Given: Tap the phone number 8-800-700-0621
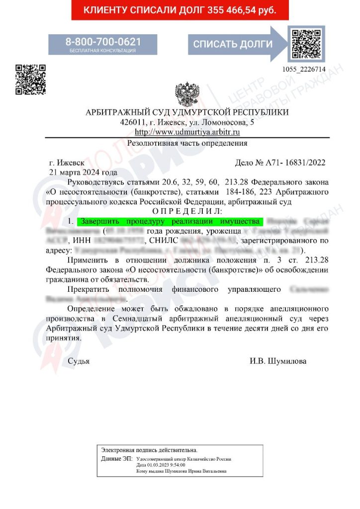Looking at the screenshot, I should [x=103, y=41].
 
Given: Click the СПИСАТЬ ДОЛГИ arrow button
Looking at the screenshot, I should [x=233, y=44].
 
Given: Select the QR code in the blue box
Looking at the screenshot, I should [x=306, y=43].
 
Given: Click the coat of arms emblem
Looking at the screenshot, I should [x=187, y=95].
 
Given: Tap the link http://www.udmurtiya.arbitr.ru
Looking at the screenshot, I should [x=187, y=132].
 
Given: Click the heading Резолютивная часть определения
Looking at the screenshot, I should [x=187, y=143].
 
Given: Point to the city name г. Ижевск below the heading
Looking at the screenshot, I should [x=67, y=163].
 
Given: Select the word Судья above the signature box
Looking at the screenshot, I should [x=79, y=361].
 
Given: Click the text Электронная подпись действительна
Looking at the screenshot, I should [x=149, y=449].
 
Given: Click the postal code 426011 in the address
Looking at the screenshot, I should [x=131, y=122].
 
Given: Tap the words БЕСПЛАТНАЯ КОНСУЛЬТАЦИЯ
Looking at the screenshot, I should [x=102, y=50].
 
